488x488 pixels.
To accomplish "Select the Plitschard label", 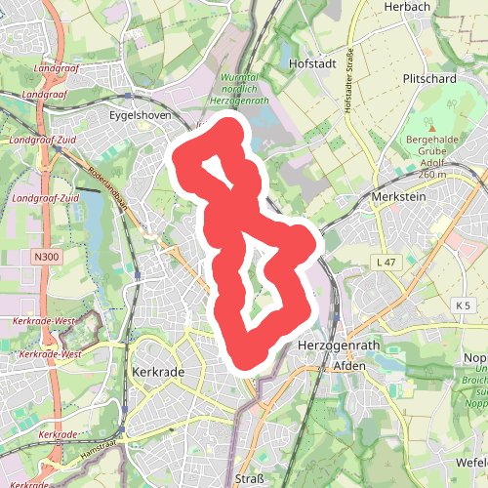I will tap(429, 78).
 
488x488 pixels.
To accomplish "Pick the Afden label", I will tap(348, 365).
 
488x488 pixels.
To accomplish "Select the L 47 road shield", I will tap(386, 264).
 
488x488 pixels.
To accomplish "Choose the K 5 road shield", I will tap(463, 306).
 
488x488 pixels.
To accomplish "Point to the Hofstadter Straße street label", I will tap(347, 84).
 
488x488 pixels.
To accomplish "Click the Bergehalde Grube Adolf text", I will tap(430, 152).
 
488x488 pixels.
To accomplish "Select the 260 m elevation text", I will tap(430, 175).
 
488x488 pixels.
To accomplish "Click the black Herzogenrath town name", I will tap(333, 347).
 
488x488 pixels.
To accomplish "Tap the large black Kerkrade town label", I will tap(157, 372).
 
